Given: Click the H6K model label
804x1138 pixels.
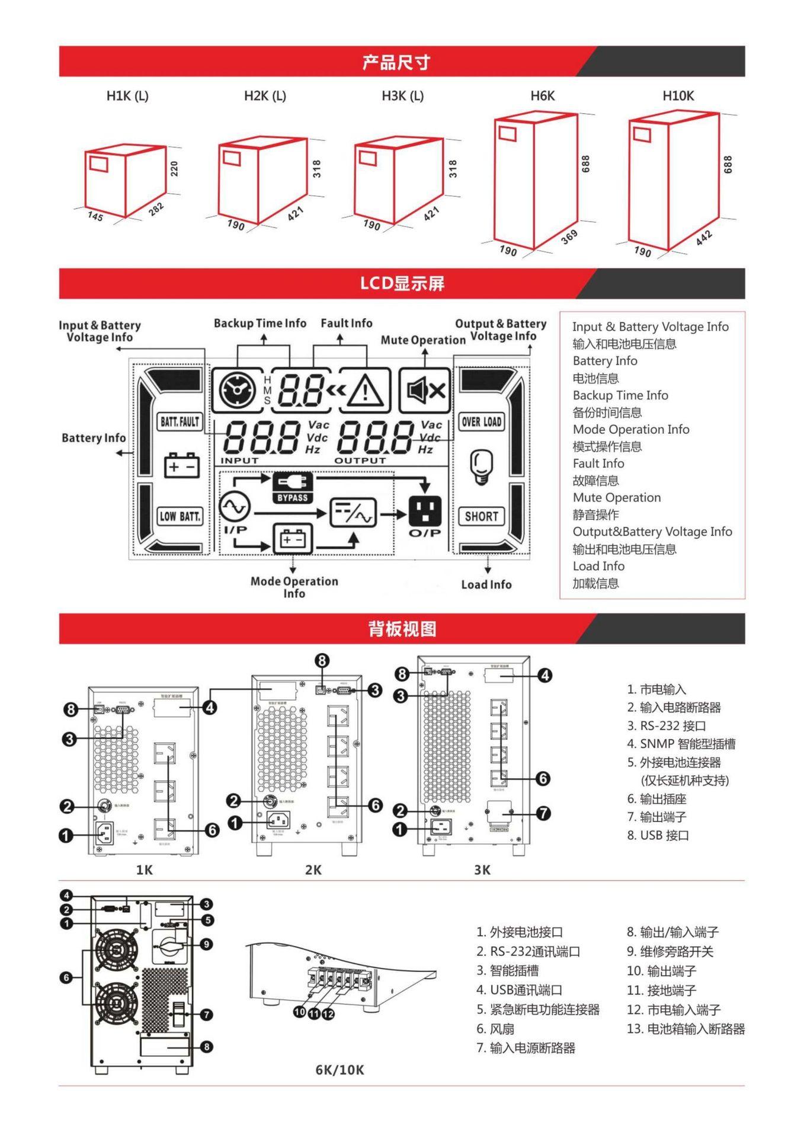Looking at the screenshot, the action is click(x=542, y=96).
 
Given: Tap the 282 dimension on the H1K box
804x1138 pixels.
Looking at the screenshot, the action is click(x=156, y=209).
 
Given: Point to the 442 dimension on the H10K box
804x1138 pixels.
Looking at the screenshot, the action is click(x=704, y=237).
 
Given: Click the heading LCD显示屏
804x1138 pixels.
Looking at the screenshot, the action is click(x=402, y=283).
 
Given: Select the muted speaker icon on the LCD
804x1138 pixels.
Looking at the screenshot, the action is click(x=425, y=390).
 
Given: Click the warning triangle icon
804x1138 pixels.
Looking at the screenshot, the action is click(x=365, y=391).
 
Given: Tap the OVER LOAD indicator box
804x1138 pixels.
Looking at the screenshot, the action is click(x=482, y=422).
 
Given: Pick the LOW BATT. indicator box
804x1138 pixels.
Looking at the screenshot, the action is click(x=180, y=516).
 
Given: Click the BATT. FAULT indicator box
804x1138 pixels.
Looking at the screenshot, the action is click(x=180, y=421).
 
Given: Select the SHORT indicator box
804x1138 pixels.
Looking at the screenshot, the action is click(x=481, y=516).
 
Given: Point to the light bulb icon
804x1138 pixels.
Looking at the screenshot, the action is click(x=481, y=466).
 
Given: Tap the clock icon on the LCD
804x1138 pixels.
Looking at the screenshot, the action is click(x=238, y=390).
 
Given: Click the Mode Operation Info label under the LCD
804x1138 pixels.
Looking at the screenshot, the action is click(x=294, y=587).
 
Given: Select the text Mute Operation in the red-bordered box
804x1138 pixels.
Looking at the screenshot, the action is click(x=616, y=498).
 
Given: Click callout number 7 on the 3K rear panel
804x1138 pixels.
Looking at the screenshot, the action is click(x=543, y=813).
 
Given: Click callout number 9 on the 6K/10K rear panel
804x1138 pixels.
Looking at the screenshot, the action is click(x=206, y=944).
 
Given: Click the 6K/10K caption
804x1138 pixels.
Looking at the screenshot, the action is click(x=339, y=1070).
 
